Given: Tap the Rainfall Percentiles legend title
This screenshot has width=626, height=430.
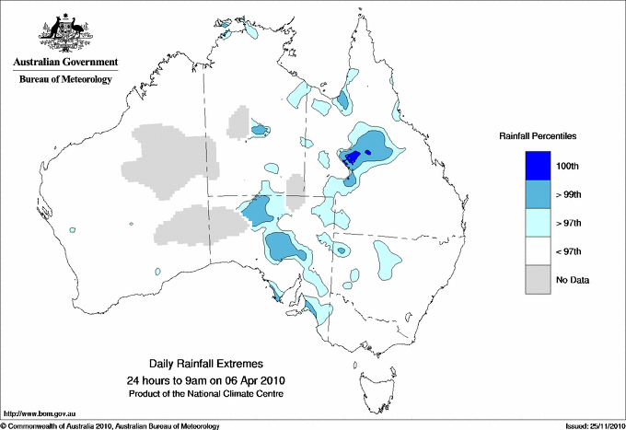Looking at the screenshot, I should (538, 135).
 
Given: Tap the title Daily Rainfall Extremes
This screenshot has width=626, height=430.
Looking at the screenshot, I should (212, 364).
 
